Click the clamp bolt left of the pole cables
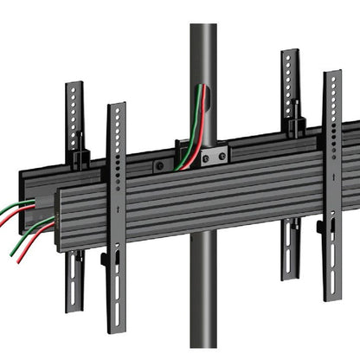(158, 164)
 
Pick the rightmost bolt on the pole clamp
(222, 157)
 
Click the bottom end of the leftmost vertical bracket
(75, 306)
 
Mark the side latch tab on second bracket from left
(104, 258)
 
